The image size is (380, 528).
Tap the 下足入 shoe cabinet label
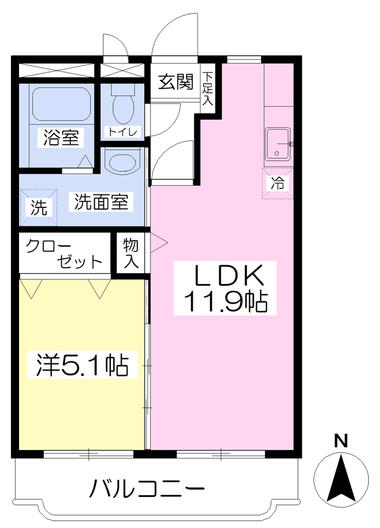pos(207,88)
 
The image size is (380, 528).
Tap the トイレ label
pos(122,131)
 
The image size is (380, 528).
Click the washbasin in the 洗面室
pos(122,161)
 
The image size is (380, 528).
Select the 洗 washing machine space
pos(38,207)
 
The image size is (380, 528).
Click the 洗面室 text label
pos(101,202)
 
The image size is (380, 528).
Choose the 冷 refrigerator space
pos(278,183)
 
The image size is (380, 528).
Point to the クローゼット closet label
pos(64,253)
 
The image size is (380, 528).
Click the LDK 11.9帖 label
pos(225,288)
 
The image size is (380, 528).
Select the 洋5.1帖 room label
pos(82,365)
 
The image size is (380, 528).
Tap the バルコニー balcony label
pos(147,488)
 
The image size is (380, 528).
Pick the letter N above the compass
pos(341,441)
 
